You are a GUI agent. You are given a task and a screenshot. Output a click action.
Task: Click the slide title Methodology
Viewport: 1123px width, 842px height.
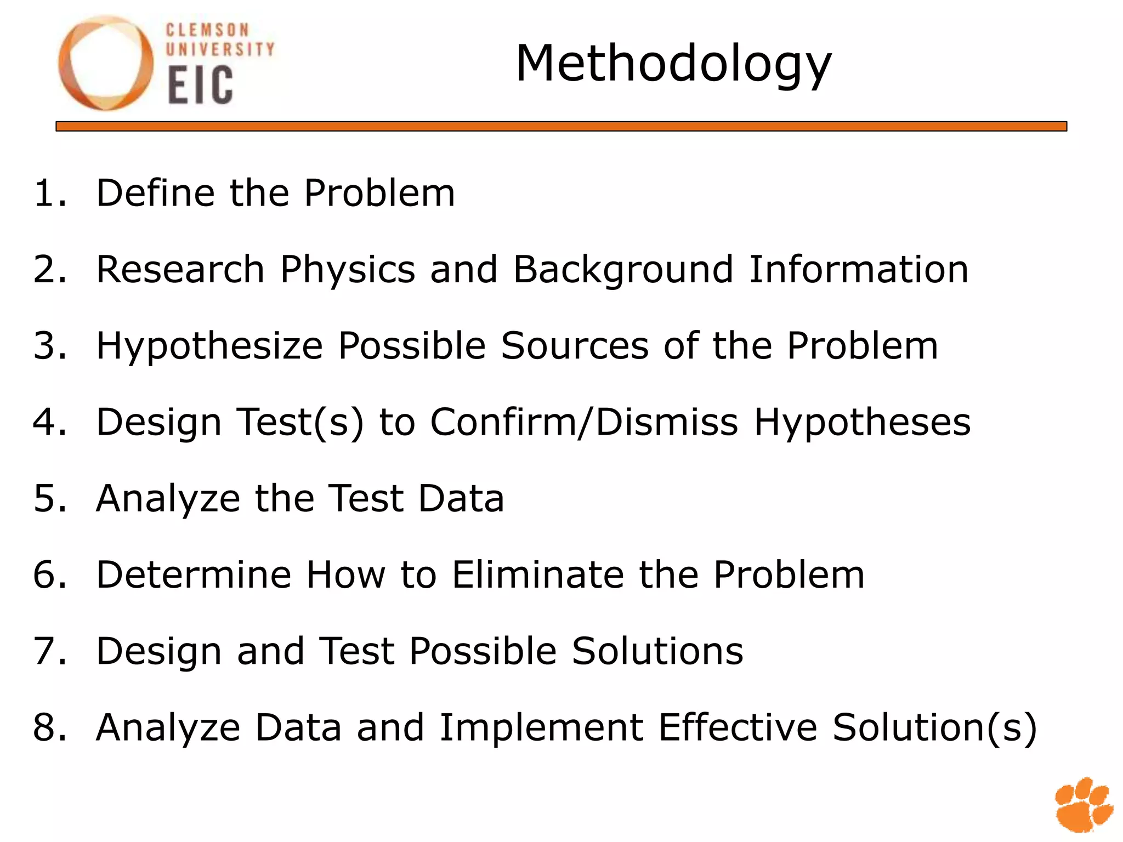pos(673,65)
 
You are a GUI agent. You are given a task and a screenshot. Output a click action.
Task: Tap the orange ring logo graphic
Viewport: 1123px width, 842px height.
pos(105,63)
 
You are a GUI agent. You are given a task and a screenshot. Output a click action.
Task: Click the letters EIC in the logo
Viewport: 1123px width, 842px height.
pos(200,86)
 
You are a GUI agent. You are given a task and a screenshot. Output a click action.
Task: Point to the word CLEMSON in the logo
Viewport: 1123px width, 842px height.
pos(207,30)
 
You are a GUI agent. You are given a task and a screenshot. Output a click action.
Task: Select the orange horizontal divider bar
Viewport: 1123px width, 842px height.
pos(561,127)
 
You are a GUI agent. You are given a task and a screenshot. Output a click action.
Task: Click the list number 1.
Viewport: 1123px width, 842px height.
pos(48,193)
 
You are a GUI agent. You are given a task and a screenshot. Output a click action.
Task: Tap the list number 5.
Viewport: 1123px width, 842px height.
pos(48,498)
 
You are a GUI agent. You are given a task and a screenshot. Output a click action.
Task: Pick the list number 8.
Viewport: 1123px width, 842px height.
pos(48,727)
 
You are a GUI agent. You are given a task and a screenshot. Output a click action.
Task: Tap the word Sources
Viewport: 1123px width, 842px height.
pos(575,346)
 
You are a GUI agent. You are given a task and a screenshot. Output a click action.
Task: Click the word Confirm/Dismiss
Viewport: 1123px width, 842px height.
pos(584,422)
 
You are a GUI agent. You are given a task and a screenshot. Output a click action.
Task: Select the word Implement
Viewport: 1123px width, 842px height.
pos(541,729)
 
